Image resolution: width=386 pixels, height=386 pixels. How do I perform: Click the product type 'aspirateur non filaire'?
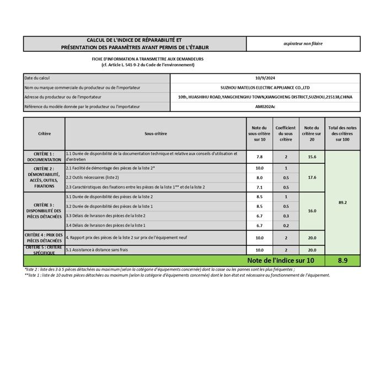pos(303,43)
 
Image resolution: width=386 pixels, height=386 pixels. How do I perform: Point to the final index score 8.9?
pos(342,260)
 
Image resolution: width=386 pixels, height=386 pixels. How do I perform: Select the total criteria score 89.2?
pos(342,202)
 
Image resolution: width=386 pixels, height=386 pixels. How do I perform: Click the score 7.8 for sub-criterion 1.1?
pos(259,157)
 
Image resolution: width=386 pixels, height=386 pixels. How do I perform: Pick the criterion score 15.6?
pos(312,157)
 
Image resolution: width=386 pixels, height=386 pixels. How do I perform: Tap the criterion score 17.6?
pos(312,178)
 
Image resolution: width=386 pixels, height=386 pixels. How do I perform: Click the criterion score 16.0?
pos(312,211)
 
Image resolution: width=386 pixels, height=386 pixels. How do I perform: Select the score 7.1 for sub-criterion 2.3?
pos(259,187)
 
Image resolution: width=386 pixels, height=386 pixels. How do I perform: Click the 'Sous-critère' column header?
pos(156,133)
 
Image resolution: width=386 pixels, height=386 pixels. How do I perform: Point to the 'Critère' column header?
pos(44,133)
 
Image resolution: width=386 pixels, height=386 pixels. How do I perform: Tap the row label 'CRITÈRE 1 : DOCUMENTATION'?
pos(44,157)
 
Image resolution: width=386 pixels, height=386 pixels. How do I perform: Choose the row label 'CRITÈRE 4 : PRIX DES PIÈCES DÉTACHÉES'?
pos(44,238)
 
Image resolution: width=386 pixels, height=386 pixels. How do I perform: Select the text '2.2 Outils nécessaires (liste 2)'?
pos(92,178)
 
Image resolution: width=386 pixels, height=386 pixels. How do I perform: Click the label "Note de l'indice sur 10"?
pos(281,260)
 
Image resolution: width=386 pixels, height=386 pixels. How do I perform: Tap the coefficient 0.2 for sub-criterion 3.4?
pos(286,226)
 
